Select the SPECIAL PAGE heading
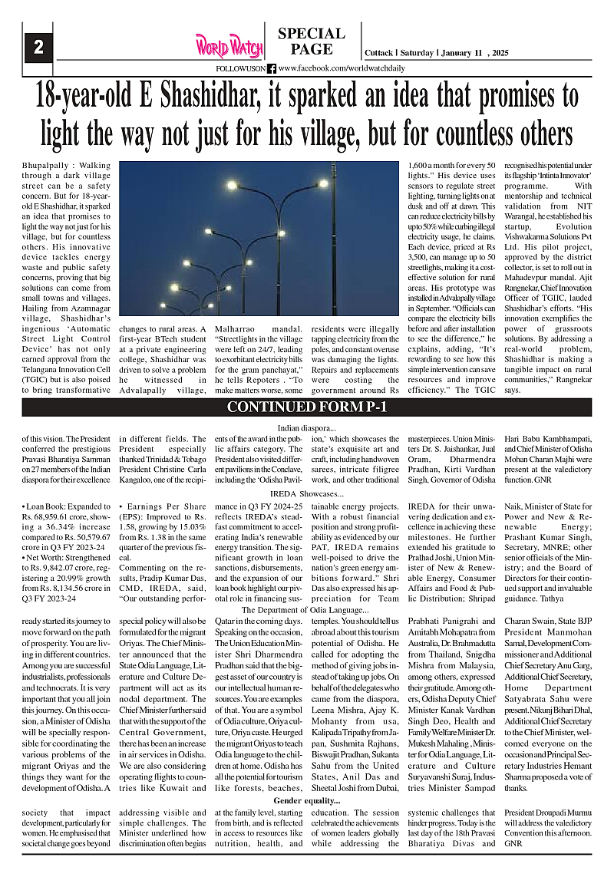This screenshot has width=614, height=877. coord(311,41)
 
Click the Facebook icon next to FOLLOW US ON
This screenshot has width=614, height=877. coord(272,68)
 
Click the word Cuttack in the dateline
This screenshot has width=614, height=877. coord(378,53)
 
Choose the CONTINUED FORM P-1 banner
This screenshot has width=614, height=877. coord(306,407)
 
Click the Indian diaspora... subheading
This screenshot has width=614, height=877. coord(306,427)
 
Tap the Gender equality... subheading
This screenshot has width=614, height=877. coord(306,801)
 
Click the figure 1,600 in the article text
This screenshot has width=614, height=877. coord(419,165)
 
